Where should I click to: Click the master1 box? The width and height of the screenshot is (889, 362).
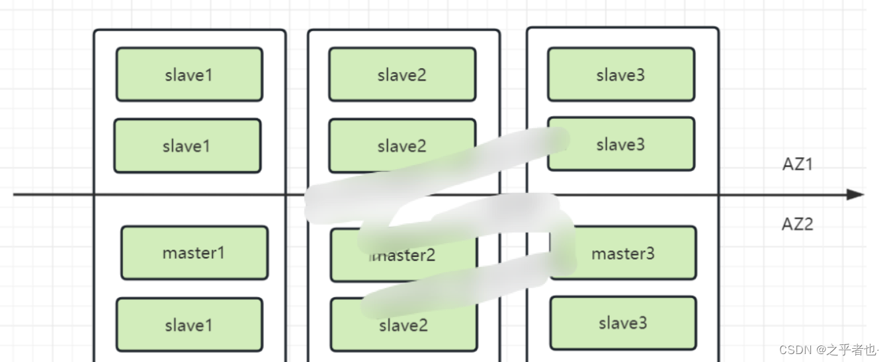pyautogui.click(x=194, y=253)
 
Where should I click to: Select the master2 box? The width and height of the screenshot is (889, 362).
pyautogui.click(x=403, y=255)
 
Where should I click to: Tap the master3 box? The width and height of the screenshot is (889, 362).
pyautogui.click(x=623, y=253)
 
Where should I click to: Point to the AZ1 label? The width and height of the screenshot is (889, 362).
pyautogui.click(x=797, y=164)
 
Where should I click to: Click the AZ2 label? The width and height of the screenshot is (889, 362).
pyautogui.click(x=797, y=224)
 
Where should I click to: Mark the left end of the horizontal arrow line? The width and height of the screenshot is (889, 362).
pyautogui.click(x=15, y=194)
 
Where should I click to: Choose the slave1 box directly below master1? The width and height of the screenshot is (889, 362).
pyautogui.click(x=189, y=324)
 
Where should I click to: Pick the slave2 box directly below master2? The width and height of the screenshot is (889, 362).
pyautogui.click(x=403, y=324)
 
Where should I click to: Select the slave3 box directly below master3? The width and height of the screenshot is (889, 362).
pyautogui.click(x=623, y=323)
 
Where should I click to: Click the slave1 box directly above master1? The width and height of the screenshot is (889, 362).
pyautogui.click(x=187, y=146)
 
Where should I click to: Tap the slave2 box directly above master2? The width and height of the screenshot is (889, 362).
pyautogui.click(x=402, y=146)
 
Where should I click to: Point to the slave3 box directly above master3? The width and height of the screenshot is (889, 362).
pyautogui.click(x=620, y=144)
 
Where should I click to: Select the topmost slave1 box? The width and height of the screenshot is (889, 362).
pyautogui.click(x=189, y=75)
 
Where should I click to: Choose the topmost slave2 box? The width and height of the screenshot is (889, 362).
pyautogui.click(x=402, y=75)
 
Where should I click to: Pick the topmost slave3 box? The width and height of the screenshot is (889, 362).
pyautogui.click(x=620, y=75)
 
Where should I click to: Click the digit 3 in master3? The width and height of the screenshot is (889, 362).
pyautogui.click(x=650, y=254)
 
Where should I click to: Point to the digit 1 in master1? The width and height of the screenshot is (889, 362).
pyautogui.click(x=222, y=253)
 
